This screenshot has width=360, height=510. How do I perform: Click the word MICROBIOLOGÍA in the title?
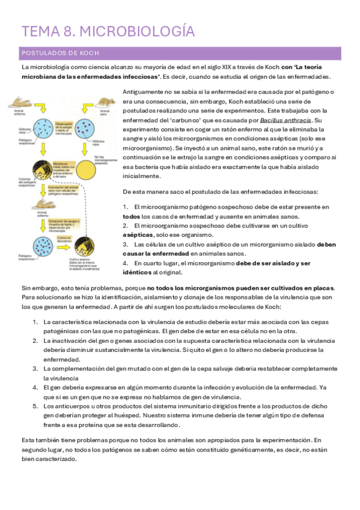click(137, 31)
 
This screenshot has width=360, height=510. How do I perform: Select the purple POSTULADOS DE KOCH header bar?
click(180, 53)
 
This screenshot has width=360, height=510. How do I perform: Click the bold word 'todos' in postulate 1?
click(132, 217)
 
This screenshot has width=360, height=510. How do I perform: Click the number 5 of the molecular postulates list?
click(35, 407)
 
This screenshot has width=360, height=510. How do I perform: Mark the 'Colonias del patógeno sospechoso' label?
click(24, 183)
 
